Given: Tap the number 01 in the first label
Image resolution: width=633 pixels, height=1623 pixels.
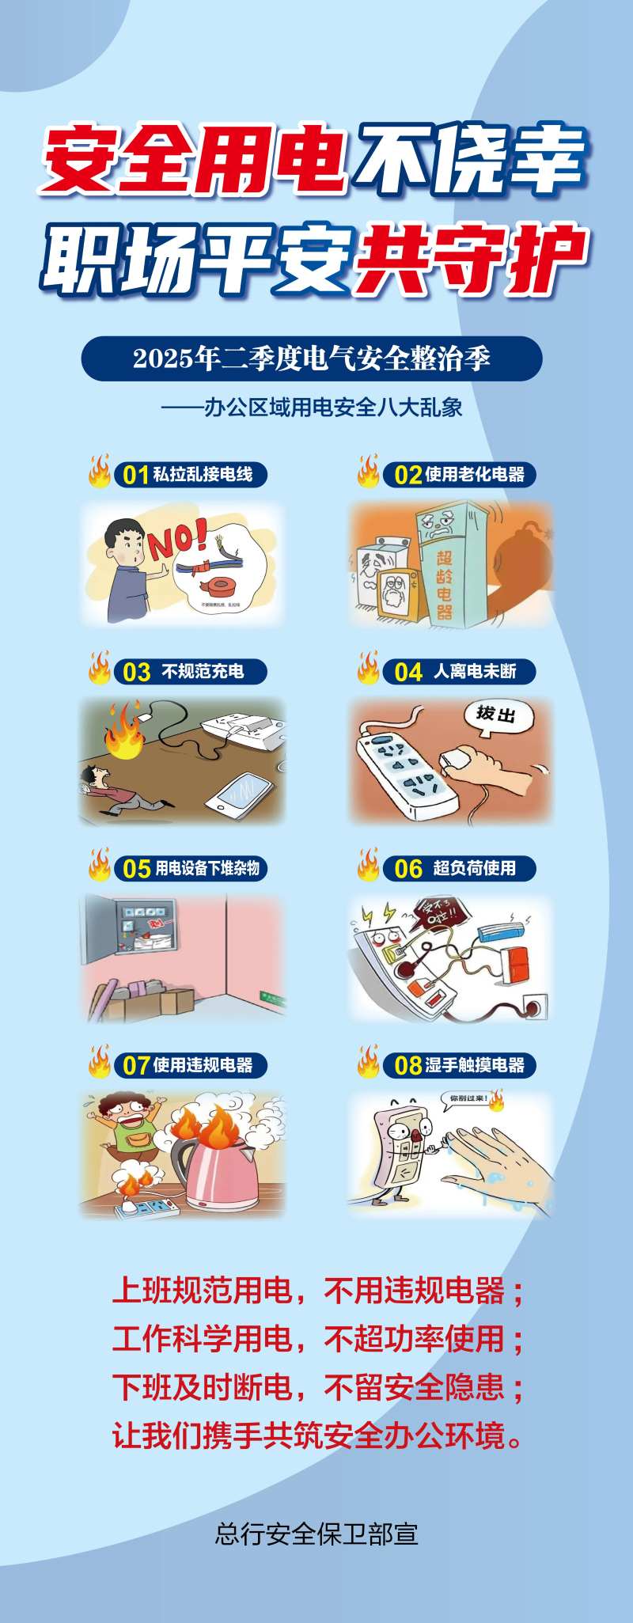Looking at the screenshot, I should tap(136, 475).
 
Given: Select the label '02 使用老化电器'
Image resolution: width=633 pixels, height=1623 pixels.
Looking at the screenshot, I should tap(459, 475).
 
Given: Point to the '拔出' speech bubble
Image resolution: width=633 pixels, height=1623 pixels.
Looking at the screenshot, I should tap(497, 715).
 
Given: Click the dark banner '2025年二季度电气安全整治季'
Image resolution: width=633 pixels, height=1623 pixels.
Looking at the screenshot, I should tap(312, 358).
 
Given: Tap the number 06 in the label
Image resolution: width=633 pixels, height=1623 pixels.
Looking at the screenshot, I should tap(408, 869).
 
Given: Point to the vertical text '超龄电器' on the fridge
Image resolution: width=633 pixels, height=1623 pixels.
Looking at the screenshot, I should tap(445, 583).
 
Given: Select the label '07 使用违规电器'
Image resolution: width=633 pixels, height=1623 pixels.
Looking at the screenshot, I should tap(190, 1065).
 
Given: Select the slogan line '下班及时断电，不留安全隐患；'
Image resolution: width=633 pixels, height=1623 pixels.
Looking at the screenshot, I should tap(316, 1388).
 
